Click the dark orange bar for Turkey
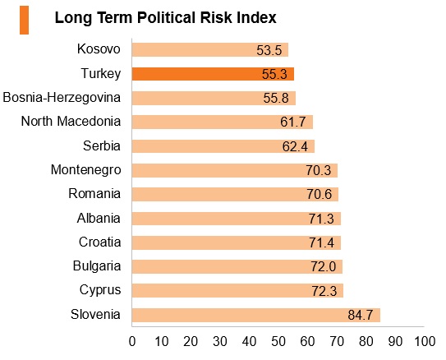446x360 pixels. pos(213,74)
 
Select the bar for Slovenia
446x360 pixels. pos(256,315)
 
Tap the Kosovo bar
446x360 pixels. pos(210,50)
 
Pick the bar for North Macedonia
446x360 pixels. pos(223,122)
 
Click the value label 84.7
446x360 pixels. pos(360,316)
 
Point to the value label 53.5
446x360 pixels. pos(269,50)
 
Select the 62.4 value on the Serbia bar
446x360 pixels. pos(295,146)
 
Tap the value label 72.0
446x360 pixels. pos(324,267)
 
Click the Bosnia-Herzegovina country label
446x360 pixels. pos(62,98)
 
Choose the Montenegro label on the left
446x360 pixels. pos(86,170)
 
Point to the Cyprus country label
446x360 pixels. pos(100,290)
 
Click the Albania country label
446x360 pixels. pos(99,219)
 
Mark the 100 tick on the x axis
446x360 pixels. pos(425,341)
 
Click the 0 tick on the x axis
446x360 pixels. pos(132,341)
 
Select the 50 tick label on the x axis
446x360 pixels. pos(278,341)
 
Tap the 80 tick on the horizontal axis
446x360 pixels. pos(366,341)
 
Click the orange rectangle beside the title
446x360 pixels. pos(24,20)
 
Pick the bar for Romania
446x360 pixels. pos(235,194)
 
